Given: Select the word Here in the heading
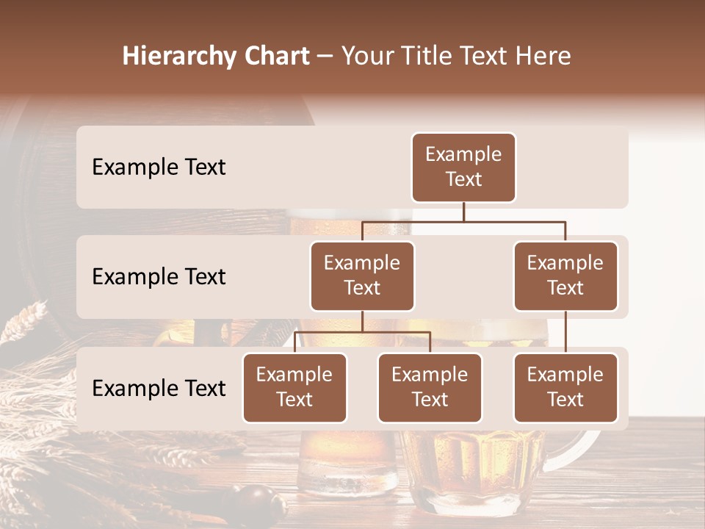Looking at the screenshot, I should [x=543, y=57].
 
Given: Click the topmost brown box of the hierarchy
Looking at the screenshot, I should [x=463, y=167].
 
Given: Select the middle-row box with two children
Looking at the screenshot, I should [x=362, y=276].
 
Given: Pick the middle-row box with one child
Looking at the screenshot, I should [x=565, y=276].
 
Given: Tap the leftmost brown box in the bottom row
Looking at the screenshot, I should [x=294, y=387].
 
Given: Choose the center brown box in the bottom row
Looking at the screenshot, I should [x=430, y=387].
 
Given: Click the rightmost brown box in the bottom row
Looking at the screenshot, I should [x=565, y=387].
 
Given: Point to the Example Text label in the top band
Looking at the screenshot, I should [x=159, y=167].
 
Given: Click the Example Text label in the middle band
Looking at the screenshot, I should [x=159, y=276].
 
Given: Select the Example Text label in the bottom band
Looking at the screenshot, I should [x=159, y=388].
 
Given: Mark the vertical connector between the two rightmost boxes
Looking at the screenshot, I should [x=565, y=332].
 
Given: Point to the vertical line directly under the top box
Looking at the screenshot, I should [x=463, y=212].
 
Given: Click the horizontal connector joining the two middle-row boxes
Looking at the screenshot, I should [x=463, y=221].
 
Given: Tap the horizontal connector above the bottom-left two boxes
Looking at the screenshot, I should [x=362, y=332].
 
